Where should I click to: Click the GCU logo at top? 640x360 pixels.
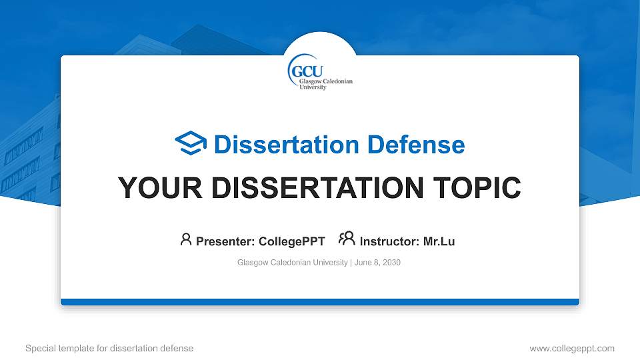320,72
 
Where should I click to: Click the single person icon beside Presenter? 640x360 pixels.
186,239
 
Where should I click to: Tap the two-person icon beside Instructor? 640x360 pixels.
347,239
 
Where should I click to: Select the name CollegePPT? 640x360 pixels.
292,241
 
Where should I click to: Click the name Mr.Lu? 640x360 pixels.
439,241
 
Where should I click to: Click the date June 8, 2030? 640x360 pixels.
377,263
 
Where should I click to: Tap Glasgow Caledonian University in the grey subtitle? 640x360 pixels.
292,263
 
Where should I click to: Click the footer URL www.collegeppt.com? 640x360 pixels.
571,348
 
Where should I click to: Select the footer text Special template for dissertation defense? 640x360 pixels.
109,348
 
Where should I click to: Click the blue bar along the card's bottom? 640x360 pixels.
320,302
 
